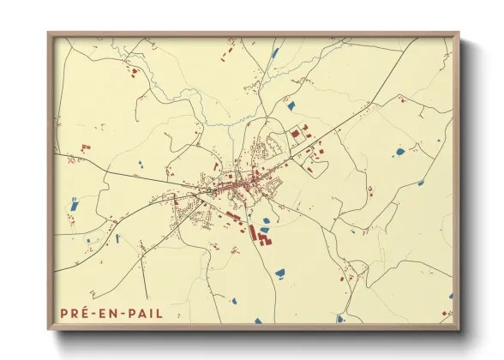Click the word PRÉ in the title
click(x=76, y=313)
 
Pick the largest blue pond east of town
click(x=399, y=152)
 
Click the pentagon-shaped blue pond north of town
click(x=291, y=106)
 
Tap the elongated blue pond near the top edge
click(x=275, y=53)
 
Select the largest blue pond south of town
click(x=279, y=273)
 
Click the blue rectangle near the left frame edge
click(x=74, y=205)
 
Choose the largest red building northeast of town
click(x=297, y=134)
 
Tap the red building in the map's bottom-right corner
click(x=446, y=314)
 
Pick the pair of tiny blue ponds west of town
click(x=141, y=162)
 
